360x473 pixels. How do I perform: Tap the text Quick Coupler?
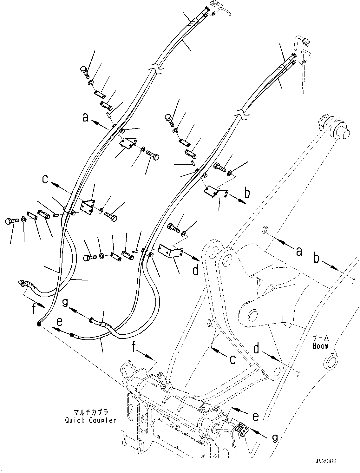pyautogui.click(x=90, y=420)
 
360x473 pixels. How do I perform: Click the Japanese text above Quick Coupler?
pyautogui.click(x=91, y=413)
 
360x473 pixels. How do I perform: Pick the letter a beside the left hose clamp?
pyautogui.click(x=85, y=118)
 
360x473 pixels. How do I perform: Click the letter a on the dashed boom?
pyautogui.click(x=298, y=252)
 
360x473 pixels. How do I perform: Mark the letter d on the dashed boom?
pyautogui.click(x=256, y=348)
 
